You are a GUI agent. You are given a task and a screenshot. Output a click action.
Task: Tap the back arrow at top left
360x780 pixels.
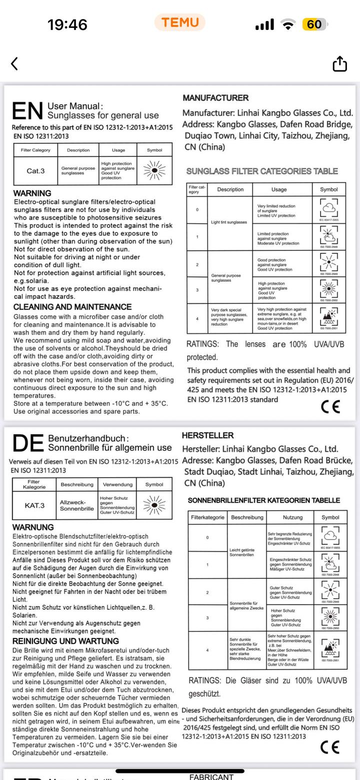(14, 63)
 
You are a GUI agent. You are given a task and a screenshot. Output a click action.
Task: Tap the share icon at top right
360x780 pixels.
(339, 64)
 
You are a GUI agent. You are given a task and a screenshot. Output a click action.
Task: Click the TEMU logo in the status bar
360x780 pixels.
(180, 22)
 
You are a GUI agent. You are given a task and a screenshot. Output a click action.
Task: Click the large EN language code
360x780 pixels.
(27, 111)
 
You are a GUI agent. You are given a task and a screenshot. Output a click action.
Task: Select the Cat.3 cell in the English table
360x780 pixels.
(35, 171)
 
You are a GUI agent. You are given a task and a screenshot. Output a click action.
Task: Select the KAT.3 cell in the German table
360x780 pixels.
(35, 505)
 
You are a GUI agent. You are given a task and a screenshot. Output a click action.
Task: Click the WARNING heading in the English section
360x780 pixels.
(32, 193)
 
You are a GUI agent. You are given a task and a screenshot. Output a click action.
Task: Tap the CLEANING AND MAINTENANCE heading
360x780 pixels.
(72, 307)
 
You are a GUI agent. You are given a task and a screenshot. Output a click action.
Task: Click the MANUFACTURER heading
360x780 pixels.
(215, 98)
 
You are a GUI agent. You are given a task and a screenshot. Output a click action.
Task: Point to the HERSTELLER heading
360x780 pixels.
(208, 436)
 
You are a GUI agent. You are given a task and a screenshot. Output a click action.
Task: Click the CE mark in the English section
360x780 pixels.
(330, 407)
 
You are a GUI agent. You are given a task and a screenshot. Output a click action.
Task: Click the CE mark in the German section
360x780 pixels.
(330, 747)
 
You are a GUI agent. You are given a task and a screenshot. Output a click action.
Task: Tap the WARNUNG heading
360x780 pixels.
(33, 527)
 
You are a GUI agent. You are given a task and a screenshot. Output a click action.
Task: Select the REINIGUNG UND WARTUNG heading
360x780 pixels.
(65, 641)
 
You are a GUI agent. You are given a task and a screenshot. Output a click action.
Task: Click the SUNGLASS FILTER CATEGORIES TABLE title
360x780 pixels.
(262, 171)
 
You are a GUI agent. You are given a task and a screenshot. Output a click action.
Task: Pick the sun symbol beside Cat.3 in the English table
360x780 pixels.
(154, 170)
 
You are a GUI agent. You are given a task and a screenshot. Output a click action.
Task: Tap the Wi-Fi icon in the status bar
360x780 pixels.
(288, 24)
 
